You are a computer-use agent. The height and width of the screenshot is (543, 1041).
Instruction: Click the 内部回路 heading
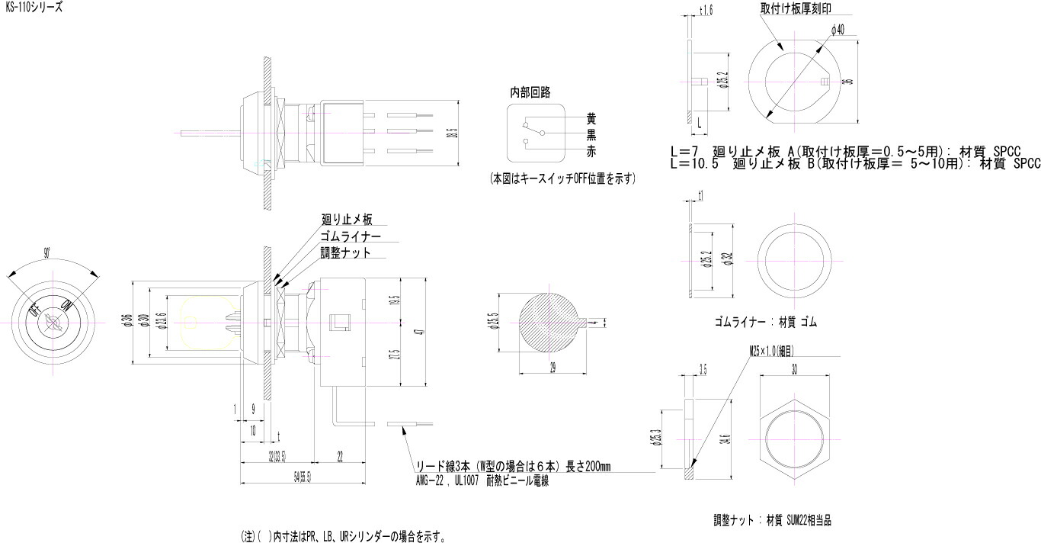click(x=530, y=92)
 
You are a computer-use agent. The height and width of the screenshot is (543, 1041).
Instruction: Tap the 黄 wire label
click(x=591, y=119)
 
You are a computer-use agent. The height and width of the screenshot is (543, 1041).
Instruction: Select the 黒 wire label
click(x=591, y=135)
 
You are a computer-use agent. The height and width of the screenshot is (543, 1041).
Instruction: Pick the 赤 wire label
click(x=591, y=152)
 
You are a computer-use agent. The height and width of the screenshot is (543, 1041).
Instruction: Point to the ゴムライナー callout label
click(x=351, y=236)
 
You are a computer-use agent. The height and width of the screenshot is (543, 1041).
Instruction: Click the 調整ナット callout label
click(x=346, y=252)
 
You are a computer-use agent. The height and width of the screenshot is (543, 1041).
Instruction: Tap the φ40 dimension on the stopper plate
click(x=837, y=31)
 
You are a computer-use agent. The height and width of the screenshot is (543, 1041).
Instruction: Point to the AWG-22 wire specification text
click(x=481, y=482)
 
